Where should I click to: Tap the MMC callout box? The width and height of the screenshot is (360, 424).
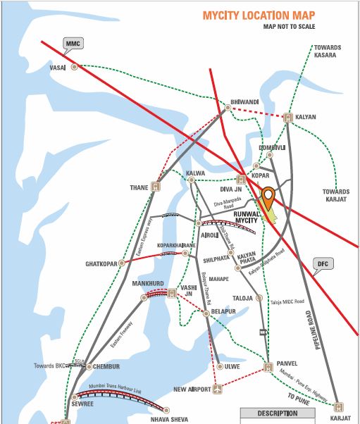point(73,44)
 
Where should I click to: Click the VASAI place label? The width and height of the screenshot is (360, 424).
point(57,68)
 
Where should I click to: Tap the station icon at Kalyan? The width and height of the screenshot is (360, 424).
point(287,118)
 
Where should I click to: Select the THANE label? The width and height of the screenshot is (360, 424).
point(137,187)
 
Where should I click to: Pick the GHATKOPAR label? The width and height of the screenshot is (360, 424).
point(101,263)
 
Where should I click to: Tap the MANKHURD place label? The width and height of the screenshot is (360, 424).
point(147,283)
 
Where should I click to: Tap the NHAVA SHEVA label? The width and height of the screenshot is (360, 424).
point(169,419)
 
